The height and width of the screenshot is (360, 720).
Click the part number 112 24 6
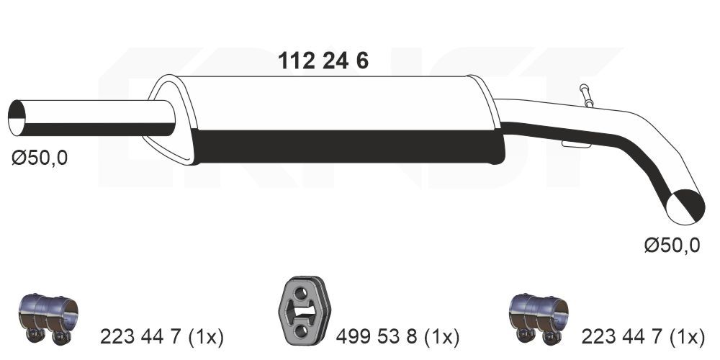point(323,62)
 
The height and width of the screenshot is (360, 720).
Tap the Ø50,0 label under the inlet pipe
point(40,158)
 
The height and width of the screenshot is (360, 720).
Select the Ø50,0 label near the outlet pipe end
point(671,246)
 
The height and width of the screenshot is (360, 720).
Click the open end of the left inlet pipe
point(17,118)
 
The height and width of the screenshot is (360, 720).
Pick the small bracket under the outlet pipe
point(577,145)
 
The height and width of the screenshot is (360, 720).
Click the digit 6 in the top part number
point(361,62)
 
